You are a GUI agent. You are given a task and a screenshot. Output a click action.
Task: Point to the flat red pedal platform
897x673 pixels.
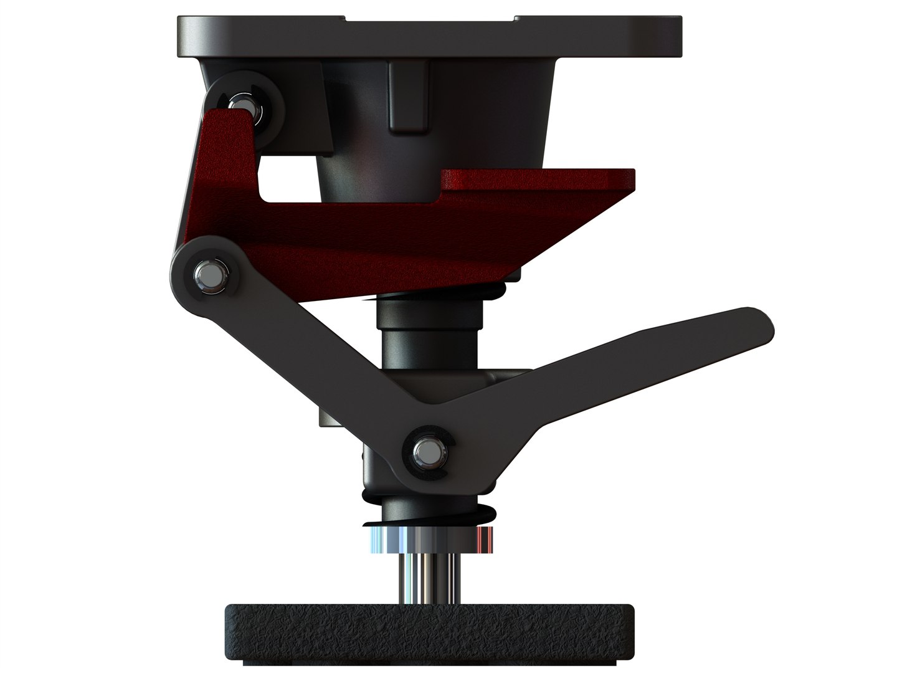[x=536, y=179]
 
